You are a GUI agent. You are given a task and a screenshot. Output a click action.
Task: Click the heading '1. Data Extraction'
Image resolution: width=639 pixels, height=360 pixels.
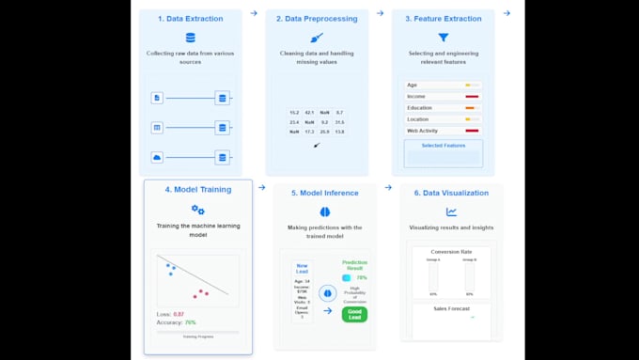point(191,18)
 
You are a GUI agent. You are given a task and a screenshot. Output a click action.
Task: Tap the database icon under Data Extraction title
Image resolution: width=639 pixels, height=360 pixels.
point(191,38)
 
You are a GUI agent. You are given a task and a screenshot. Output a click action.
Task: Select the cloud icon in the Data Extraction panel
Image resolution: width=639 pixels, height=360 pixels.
point(157,157)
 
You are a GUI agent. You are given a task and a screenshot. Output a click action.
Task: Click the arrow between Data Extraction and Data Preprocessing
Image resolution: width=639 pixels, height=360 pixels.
point(254,13)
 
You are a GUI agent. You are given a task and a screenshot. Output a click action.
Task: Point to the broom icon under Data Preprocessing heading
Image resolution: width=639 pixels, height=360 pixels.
point(316,38)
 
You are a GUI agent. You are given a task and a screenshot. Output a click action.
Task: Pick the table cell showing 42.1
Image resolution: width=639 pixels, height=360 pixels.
point(309,112)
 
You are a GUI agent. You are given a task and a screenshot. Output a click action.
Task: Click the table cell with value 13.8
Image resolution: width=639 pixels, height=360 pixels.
point(339,132)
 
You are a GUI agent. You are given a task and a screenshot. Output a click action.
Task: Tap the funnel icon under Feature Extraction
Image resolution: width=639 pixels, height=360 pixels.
point(443,38)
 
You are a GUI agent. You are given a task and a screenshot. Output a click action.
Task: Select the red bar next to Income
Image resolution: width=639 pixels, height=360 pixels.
point(472,96)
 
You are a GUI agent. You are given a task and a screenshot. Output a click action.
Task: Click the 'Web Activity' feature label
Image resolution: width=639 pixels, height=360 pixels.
point(422,130)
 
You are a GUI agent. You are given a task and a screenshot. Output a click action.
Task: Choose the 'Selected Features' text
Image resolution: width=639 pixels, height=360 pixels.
point(443,146)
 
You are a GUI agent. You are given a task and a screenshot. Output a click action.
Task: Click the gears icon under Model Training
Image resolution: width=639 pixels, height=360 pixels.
point(197,210)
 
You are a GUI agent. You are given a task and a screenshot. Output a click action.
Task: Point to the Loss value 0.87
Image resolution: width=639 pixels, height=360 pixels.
point(179,313)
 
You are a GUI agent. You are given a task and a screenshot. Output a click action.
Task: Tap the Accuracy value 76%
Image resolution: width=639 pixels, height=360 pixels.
point(190,322)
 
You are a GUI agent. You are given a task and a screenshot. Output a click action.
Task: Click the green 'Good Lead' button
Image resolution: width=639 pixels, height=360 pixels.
point(354,314)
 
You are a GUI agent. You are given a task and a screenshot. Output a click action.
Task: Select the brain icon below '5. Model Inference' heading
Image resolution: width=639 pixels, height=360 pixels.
point(324,212)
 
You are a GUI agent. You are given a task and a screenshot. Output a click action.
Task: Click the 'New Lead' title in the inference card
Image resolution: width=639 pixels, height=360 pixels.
point(302,269)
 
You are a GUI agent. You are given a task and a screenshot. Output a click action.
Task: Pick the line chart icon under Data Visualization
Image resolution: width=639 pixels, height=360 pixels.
point(451,212)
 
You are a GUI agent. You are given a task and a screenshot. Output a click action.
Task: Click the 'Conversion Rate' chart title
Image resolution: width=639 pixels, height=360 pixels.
point(451,252)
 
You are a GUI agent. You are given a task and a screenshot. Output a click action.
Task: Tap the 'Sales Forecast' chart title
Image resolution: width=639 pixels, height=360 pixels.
point(451,307)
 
